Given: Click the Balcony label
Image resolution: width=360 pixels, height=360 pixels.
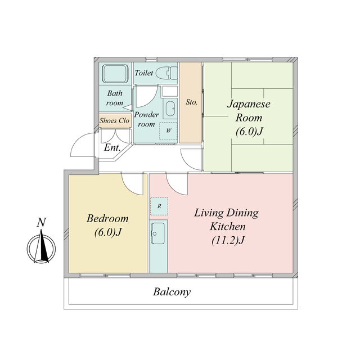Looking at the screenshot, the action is point(172,292).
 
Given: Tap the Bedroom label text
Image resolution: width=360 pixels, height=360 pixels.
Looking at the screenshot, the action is point(107,218).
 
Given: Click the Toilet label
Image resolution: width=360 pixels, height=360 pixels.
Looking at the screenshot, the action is point(144,73).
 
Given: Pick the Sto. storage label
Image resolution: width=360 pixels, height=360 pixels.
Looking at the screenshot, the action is point(191,102).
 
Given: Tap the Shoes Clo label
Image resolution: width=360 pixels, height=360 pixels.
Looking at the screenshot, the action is point(115,120).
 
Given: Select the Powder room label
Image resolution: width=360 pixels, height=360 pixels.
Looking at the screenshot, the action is point(146,119).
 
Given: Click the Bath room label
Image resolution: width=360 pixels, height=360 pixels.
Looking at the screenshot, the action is point(115,98).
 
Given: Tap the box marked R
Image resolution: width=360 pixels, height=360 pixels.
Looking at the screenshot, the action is point(159,206).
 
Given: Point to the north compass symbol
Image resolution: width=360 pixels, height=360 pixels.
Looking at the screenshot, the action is point(41,247).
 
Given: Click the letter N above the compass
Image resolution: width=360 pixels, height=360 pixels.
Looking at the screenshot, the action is point(41,223).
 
